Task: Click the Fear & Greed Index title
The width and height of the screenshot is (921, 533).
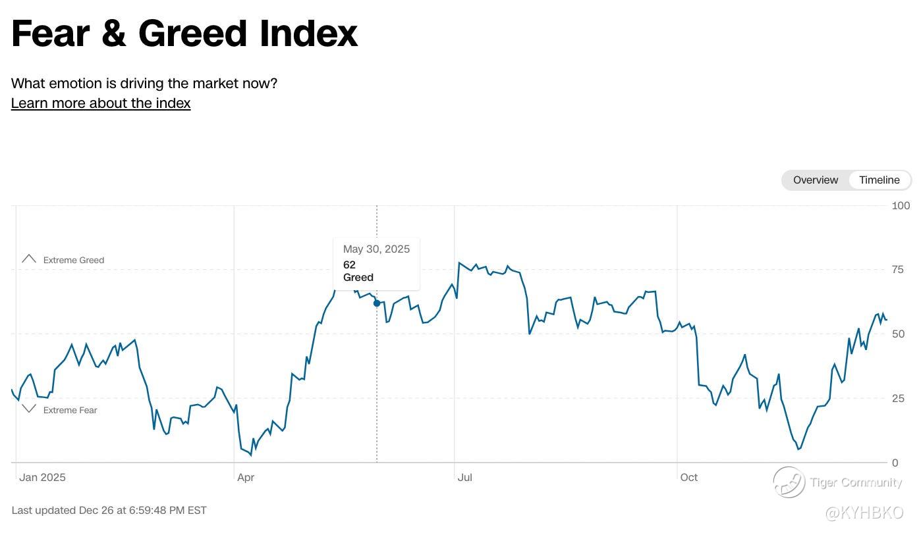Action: click(184, 33)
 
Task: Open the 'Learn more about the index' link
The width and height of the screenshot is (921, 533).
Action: click(101, 103)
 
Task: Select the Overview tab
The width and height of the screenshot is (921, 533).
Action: click(815, 180)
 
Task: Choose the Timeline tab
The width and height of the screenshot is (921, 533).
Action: click(879, 180)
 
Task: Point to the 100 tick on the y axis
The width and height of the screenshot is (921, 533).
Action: click(901, 206)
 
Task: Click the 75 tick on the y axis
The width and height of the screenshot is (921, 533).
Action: click(898, 270)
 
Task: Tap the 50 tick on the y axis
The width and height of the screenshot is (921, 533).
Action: click(898, 334)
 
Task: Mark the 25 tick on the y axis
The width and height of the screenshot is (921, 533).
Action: click(898, 398)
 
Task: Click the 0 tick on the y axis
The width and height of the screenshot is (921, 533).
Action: click(895, 463)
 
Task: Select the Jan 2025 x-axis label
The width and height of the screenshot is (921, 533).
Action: click(42, 478)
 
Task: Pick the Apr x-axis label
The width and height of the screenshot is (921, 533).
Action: click(246, 478)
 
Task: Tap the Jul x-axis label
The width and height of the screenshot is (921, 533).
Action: click(464, 478)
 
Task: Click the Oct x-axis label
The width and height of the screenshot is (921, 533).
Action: click(688, 478)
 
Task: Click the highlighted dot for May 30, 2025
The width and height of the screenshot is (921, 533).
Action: click(377, 303)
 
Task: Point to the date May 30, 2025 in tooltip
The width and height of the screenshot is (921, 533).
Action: click(376, 249)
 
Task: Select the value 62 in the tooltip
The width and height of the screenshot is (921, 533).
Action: click(349, 265)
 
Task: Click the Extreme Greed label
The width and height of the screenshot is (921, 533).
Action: click(73, 260)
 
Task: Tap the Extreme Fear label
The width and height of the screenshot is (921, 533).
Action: click(70, 410)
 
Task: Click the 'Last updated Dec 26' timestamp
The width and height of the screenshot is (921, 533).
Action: click(109, 510)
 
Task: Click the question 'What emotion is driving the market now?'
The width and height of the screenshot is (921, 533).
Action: click(144, 84)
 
